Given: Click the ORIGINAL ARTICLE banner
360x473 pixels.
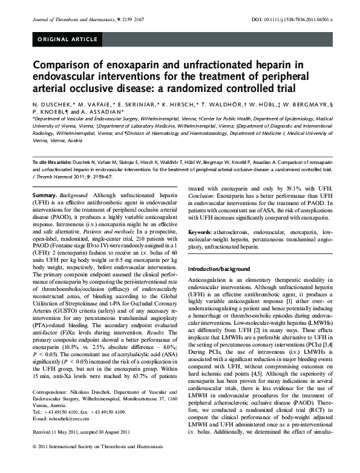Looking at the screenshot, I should click(x=68, y=40).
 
